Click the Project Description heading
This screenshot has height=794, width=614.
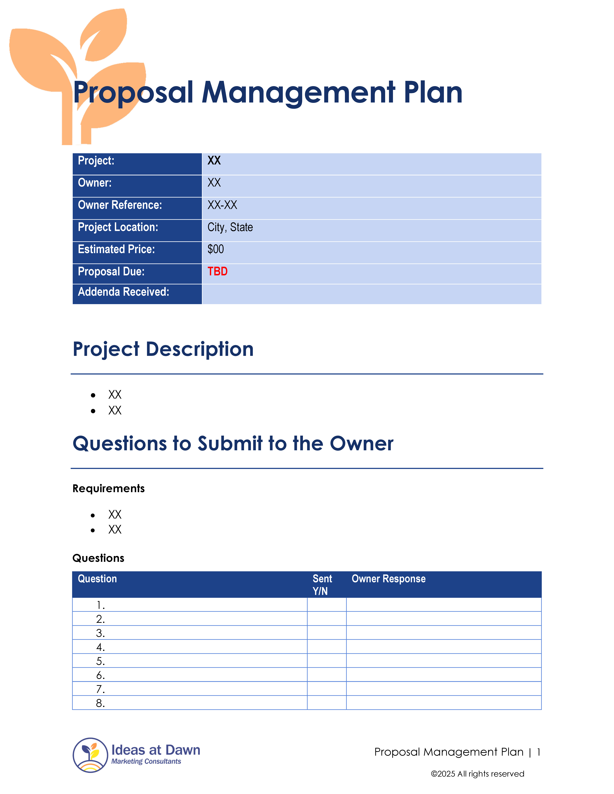(x=163, y=349)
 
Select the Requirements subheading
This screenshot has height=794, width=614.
(x=108, y=488)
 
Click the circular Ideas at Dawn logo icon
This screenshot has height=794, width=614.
(x=90, y=755)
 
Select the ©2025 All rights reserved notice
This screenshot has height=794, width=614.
(x=477, y=774)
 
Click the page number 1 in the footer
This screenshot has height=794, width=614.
(x=538, y=752)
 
